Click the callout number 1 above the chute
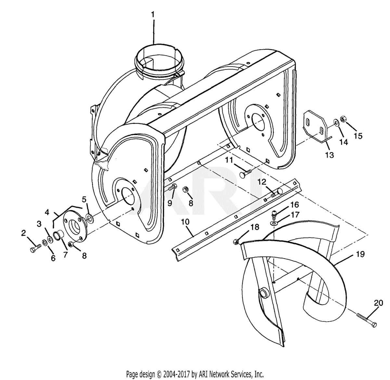coord(153,15)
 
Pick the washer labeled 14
coord(335,122)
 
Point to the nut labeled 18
coord(236,241)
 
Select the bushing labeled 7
coord(58,235)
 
